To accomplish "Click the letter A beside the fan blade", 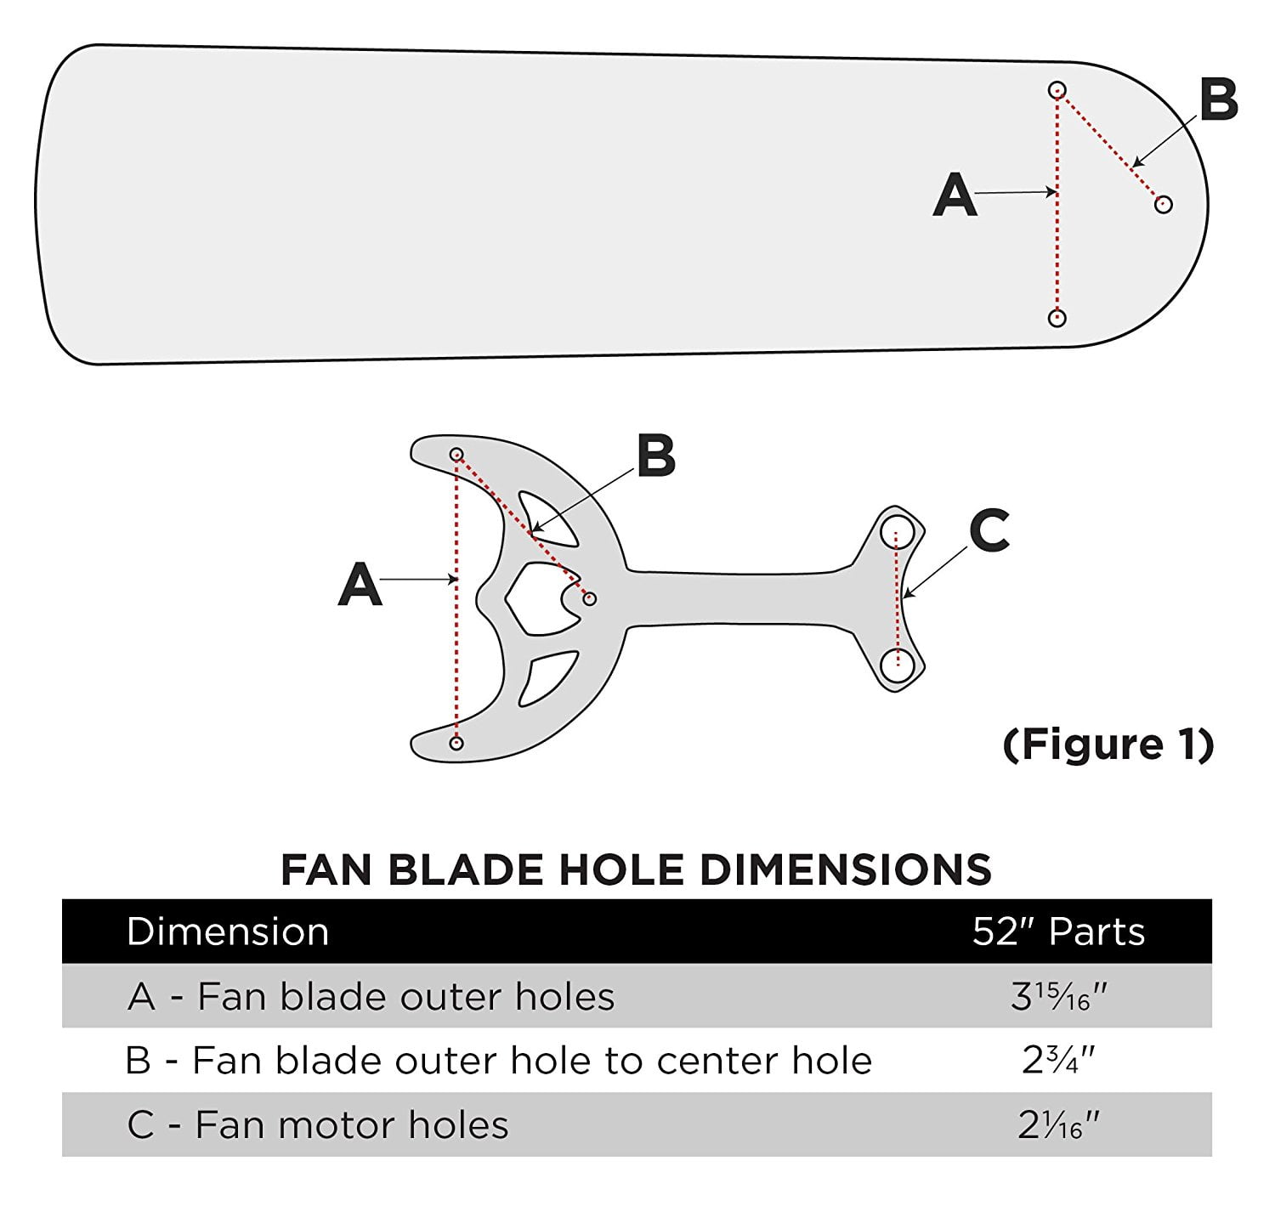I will [955, 195].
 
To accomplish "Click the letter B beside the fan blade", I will [1218, 99].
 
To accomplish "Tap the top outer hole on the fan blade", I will [1057, 89].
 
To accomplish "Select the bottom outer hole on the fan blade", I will [1057, 318].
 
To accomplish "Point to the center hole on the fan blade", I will [1164, 204].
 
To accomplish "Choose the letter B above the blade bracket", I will [655, 456].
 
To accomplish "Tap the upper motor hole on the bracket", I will [897, 534].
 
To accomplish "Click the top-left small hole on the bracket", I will [456, 454].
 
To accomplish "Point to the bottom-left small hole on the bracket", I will [456, 743].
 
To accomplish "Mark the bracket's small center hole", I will [589, 599].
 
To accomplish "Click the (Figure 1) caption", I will [1108, 745].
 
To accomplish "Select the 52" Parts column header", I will [1058, 931].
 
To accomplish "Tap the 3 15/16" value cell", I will [1058, 996].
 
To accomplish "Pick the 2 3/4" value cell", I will [1058, 1061].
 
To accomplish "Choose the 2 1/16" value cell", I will [1058, 1125].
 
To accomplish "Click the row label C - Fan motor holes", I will [318, 1125].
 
